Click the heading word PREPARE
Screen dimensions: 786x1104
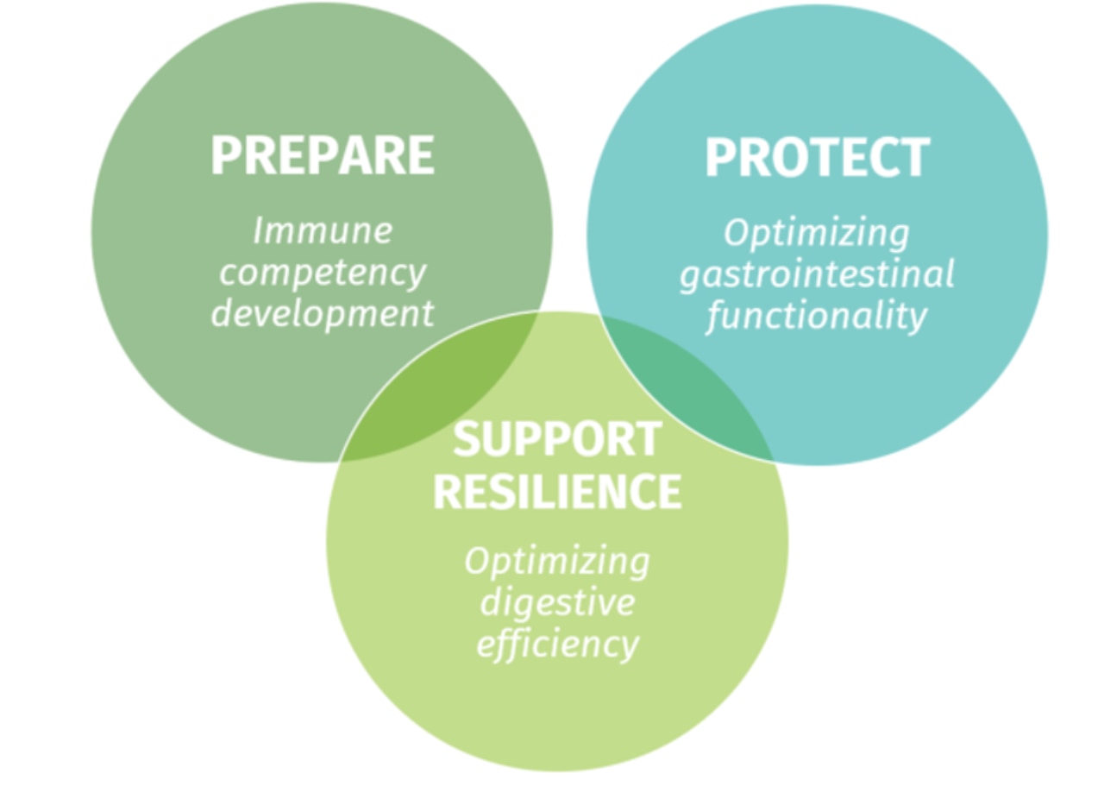[323, 155]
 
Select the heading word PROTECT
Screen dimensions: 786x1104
[817, 158]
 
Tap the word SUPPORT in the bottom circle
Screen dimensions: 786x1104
[557, 439]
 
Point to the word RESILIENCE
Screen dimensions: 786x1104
[557, 492]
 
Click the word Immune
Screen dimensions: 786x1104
[323, 230]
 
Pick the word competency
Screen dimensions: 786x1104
[323, 273]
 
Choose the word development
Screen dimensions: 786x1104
[323, 313]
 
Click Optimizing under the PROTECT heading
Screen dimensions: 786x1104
[817, 233]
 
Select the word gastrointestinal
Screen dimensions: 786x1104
[817, 274]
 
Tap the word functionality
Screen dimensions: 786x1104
[817, 316]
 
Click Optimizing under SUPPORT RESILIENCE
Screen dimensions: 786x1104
[557, 562]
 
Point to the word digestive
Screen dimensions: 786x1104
[557, 601]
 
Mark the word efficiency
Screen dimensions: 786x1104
[557, 643]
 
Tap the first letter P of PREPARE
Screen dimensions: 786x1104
[225, 155]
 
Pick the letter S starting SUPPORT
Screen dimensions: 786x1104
[467, 439]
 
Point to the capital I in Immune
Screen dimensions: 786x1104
[259, 230]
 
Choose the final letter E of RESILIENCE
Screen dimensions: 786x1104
[669, 492]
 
